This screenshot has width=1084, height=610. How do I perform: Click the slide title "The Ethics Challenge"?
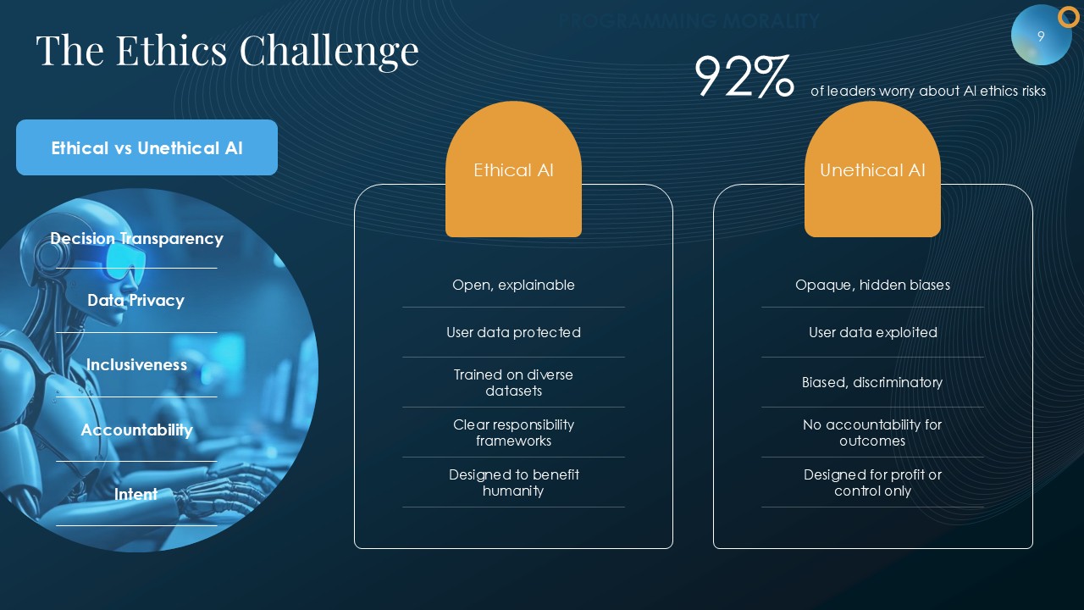(x=228, y=52)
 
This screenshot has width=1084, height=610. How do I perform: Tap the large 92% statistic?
(x=744, y=75)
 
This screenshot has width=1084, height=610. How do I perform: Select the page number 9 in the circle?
(x=1041, y=36)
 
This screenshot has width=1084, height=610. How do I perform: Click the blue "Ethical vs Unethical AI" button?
(x=147, y=147)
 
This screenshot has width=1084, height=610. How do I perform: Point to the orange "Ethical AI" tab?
(x=513, y=169)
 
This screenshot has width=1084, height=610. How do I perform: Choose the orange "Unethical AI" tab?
(x=872, y=169)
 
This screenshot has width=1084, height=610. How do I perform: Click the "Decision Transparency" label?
(x=136, y=239)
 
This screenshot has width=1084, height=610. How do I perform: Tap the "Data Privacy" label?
(x=136, y=301)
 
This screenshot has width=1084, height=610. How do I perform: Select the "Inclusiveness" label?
(x=136, y=364)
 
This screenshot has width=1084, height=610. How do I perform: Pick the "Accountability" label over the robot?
(x=136, y=430)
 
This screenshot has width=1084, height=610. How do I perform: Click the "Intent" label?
(x=136, y=494)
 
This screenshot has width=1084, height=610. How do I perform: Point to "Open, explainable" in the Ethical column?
(x=513, y=286)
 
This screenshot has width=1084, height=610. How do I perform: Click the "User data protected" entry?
(x=513, y=333)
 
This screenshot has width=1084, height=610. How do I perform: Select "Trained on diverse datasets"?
(x=513, y=382)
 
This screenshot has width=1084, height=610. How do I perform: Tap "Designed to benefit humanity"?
(x=513, y=483)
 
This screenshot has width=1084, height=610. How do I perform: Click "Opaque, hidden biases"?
(x=872, y=286)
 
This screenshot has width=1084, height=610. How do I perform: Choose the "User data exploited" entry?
(x=873, y=333)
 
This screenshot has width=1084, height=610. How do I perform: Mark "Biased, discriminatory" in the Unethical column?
(x=872, y=382)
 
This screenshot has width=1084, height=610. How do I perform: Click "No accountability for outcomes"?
(x=872, y=433)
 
